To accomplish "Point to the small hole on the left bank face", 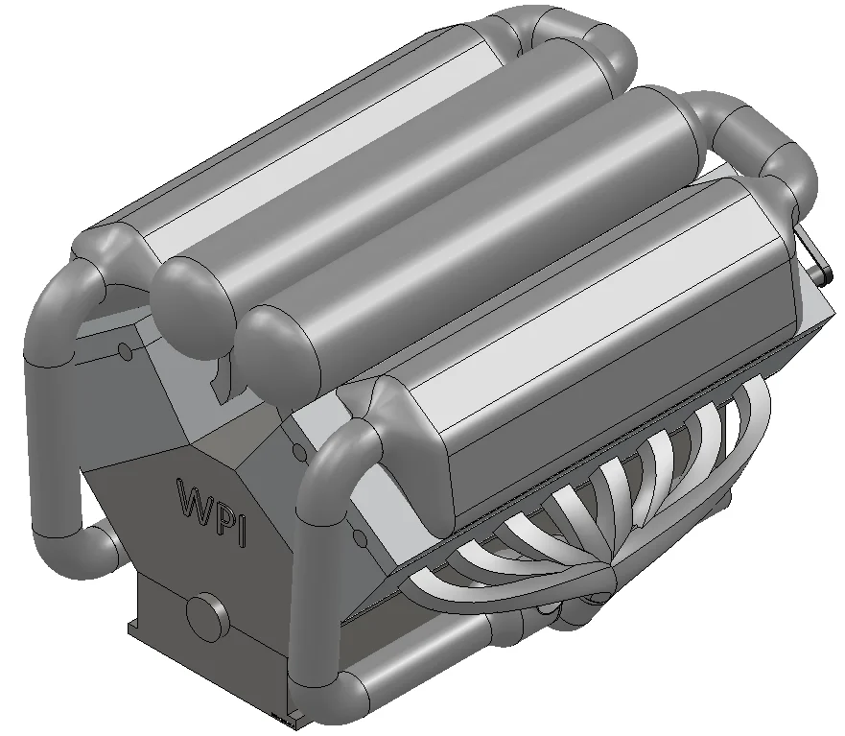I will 125,351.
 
